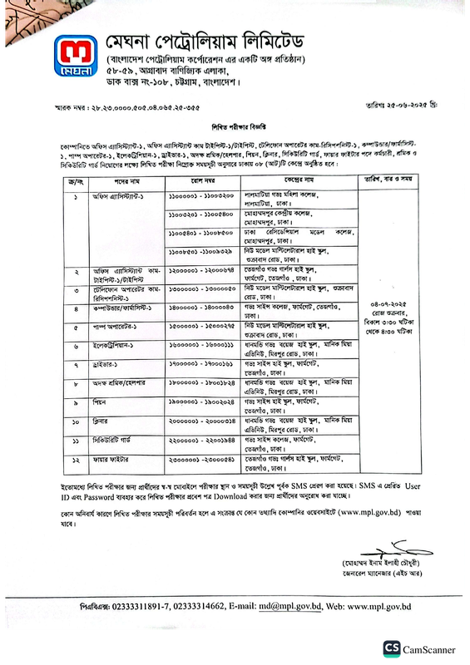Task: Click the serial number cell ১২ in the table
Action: pyautogui.click(x=76, y=458)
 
